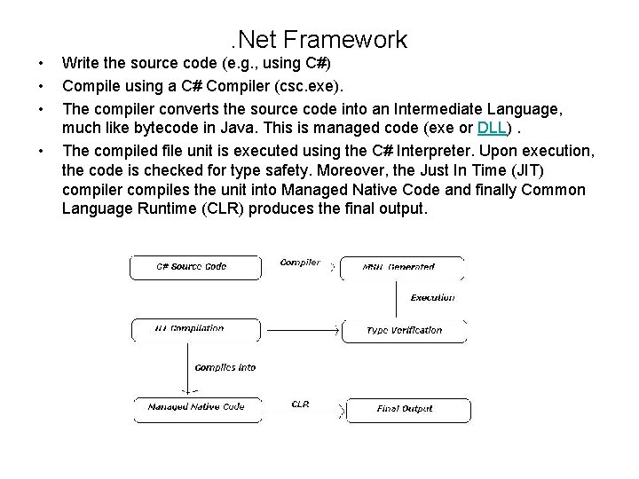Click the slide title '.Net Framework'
pyautogui.click(x=316, y=40)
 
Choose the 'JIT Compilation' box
pyautogui.click(x=189, y=329)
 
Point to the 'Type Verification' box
pyautogui.click(x=404, y=330)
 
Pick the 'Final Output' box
pyautogui.click(x=404, y=409)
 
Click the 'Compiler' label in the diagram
pyautogui.click(x=300, y=263)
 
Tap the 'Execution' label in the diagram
pyautogui.click(x=432, y=297)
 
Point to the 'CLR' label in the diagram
pyautogui.click(x=300, y=404)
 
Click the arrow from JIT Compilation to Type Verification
pyautogui.click(x=293, y=330)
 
